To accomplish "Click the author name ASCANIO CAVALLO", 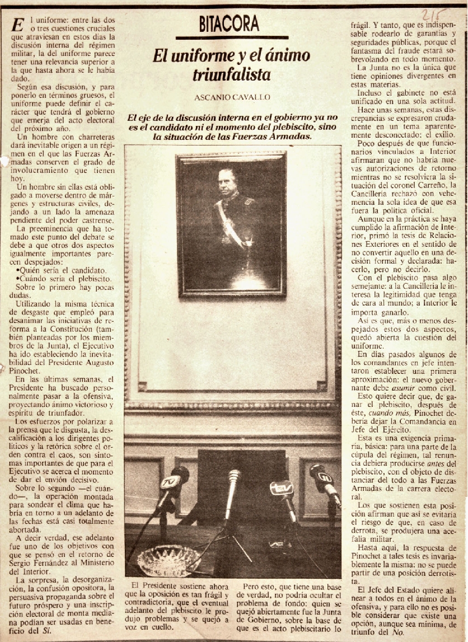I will pos(232,97).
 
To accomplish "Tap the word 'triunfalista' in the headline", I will pos(232,74).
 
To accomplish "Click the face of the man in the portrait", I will pos(227,181).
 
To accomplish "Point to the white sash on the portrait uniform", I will pos(229,224).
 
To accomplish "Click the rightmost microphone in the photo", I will pos(323,479).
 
